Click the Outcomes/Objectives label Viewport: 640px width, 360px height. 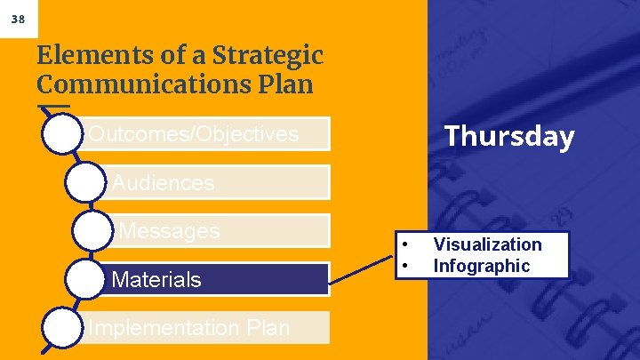(x=194, y=134)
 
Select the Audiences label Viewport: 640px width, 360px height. (x=164, y=183)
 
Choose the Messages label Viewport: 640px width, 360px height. (x=169, y=231)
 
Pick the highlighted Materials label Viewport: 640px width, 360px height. (x=157, y=280)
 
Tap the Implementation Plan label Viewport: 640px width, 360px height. (x=189, y=327)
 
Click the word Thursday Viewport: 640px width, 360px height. (x=509, y=137)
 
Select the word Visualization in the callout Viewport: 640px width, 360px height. (x=487, y=244)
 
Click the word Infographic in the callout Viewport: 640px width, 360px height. (x=481, y=266)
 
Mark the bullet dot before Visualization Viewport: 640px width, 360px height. (x=404, y=244)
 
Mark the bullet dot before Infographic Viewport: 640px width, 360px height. (x=404, y=266)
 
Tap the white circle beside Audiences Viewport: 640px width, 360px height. (x=87, y=182)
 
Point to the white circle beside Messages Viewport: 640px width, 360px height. (x=93, y=231)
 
